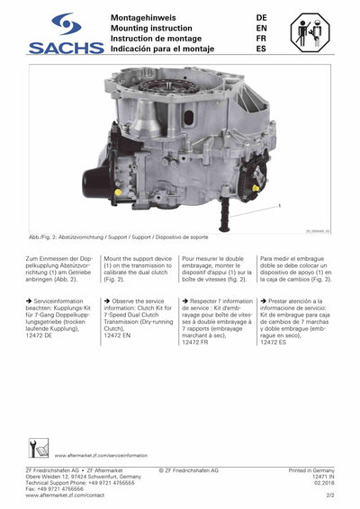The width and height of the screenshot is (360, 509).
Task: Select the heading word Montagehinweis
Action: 144,17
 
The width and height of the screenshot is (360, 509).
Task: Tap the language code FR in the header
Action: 261,39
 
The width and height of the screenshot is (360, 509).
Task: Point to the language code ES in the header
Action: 261,49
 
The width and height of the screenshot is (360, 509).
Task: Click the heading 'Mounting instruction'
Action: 150,28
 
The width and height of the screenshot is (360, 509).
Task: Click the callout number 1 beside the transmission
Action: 280,206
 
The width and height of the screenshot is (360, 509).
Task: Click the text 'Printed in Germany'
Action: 310,470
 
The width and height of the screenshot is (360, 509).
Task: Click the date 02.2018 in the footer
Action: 324,483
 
